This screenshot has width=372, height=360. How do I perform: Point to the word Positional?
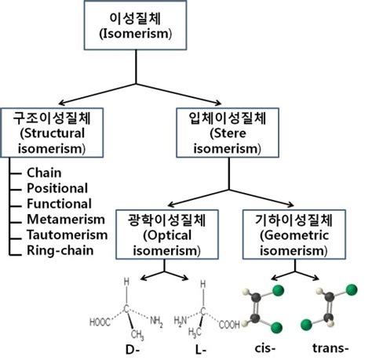coord(57,187)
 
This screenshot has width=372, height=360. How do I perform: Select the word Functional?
coord(57,203)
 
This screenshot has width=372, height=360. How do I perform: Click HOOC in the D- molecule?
coord(100,321)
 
